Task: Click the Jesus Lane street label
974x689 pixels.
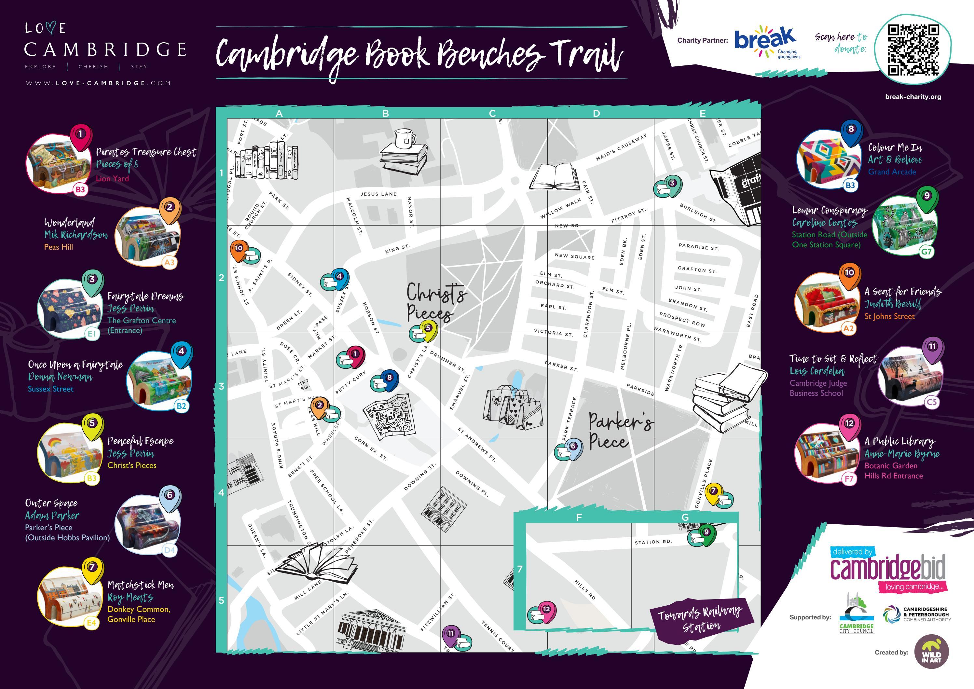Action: (x=378, y=194)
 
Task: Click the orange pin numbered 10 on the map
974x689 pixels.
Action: (x=239, y=249)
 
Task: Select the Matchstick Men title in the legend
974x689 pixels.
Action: (x=140, y=585)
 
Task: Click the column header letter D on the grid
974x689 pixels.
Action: (x=596, y=113)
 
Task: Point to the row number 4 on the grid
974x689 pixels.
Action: (x=221, y=492)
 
